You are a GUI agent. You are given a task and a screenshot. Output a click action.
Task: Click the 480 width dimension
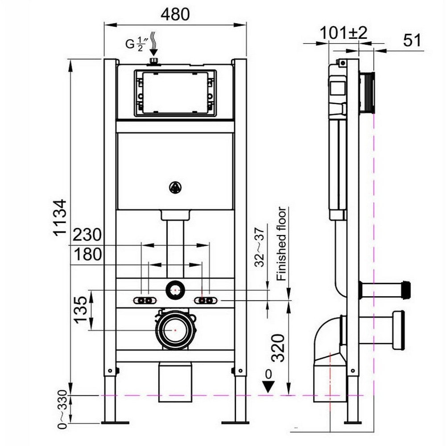click(175, 14)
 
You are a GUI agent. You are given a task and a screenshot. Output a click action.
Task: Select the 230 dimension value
click(88, 234)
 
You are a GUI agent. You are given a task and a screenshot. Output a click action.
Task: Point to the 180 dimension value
click(87, 255)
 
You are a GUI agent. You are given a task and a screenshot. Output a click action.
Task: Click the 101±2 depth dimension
click(343, 33)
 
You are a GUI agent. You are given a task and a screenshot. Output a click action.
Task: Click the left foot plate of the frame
click(115, 421)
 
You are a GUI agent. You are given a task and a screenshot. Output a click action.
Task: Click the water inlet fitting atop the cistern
click(154, 61)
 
